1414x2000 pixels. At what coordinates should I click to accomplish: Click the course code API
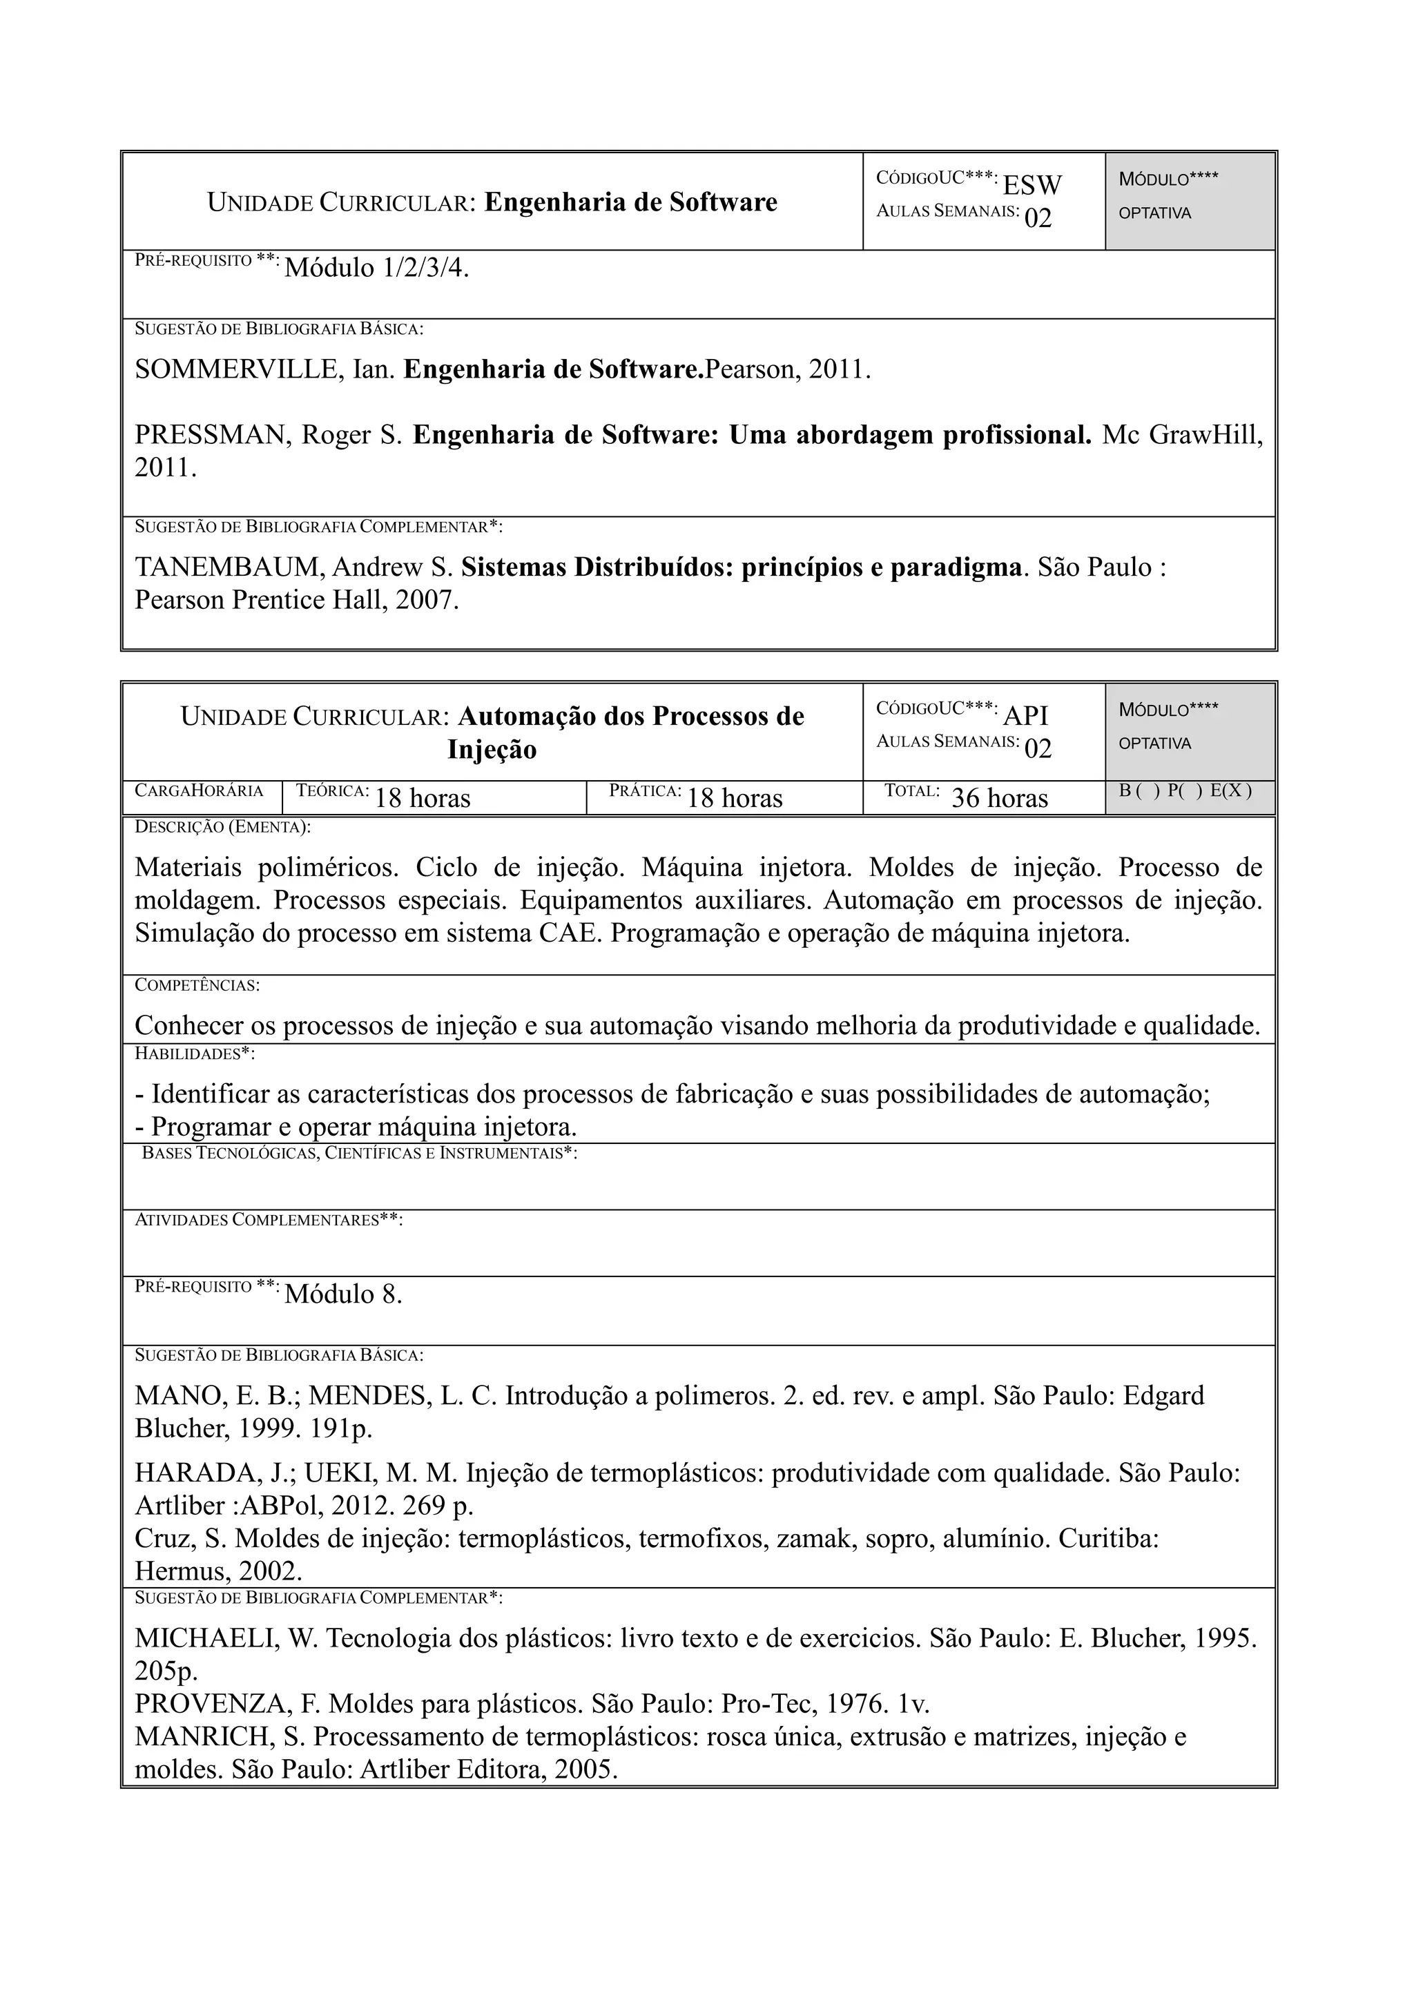point(1026,715)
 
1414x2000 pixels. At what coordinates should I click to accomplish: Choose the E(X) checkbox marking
point(1230,791)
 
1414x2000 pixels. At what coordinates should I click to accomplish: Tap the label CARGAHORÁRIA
point(199,791)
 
